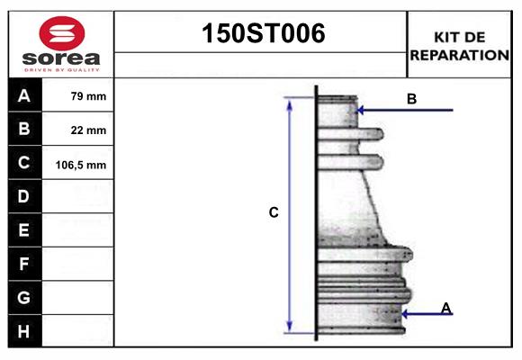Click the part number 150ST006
coord(261,34)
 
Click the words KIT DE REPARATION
coord(459,45)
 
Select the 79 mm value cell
coord(88,95)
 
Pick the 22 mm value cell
coord(88,130)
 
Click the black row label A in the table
coord(24,95)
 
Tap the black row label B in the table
coord(24,130)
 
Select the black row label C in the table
coord(24,164)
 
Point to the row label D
coord(24,196)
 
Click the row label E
coord(24,230)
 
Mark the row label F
coord(24,265)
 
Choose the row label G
coord(24,297)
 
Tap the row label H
coord(24,331)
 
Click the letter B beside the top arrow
coord(411,99)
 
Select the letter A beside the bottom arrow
coord(445,309)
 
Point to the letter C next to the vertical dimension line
coord(274,213)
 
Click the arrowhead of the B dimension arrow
coord(361,111)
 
